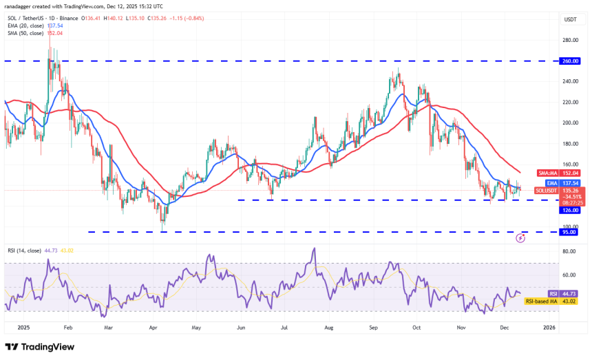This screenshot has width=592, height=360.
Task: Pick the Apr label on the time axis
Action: click(153, 328)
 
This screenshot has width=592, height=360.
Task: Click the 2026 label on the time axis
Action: click(549, 328)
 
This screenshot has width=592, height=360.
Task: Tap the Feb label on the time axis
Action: click(67, 328)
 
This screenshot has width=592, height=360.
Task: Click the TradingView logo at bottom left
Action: click(39, 347)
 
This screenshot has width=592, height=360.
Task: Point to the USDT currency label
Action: click(570, 19)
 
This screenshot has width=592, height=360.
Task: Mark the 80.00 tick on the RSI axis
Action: click(569, 252)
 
